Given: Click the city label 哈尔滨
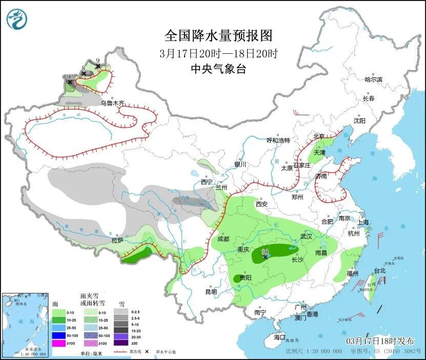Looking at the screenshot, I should pos(373,79).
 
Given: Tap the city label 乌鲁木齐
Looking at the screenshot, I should pos(112,103).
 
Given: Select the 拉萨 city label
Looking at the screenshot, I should pos(117,240).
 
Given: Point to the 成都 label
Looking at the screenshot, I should pos(223,239).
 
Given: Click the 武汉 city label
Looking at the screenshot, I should pos(307,237).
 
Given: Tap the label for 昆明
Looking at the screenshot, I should pos(211,292).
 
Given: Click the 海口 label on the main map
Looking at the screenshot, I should pos(279,337).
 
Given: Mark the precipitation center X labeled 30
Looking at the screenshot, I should pos(265,256).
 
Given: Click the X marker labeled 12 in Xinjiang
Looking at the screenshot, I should pos(70,82).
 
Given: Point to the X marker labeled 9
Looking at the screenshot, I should pos(97,66).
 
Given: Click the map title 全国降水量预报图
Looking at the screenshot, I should pos(218,36).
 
